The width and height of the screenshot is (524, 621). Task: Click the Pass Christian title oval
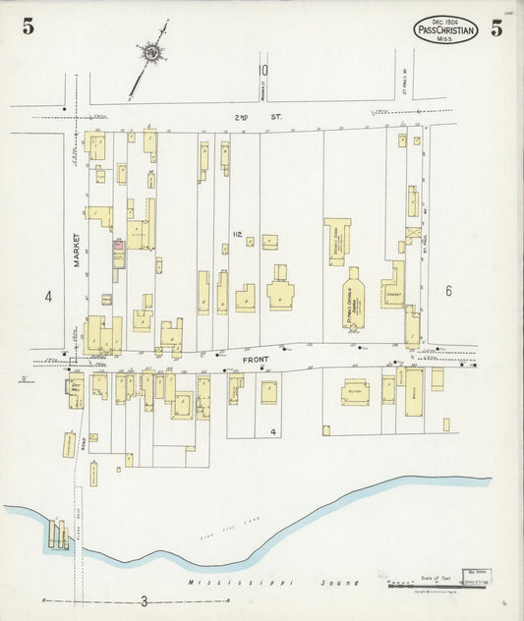coord(446,29)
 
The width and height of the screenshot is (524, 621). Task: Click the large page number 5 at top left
coord(28,28)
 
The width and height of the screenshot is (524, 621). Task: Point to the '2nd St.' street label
coord(244,117)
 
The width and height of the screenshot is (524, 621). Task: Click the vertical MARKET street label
coord(75,250)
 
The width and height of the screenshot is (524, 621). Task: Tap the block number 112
coord(237,234)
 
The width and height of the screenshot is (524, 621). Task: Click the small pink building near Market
coord(118,246)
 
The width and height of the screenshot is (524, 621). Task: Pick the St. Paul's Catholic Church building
coord(355,299)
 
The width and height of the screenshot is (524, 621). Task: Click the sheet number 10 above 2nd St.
coord(262,70)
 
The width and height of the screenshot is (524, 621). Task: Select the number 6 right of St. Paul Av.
coord(448,290)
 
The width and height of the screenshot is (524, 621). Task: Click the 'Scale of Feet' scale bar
coord(428,583)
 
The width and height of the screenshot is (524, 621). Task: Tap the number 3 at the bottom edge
coord(144,601)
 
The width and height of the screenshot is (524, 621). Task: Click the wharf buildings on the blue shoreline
coord(57,534)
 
